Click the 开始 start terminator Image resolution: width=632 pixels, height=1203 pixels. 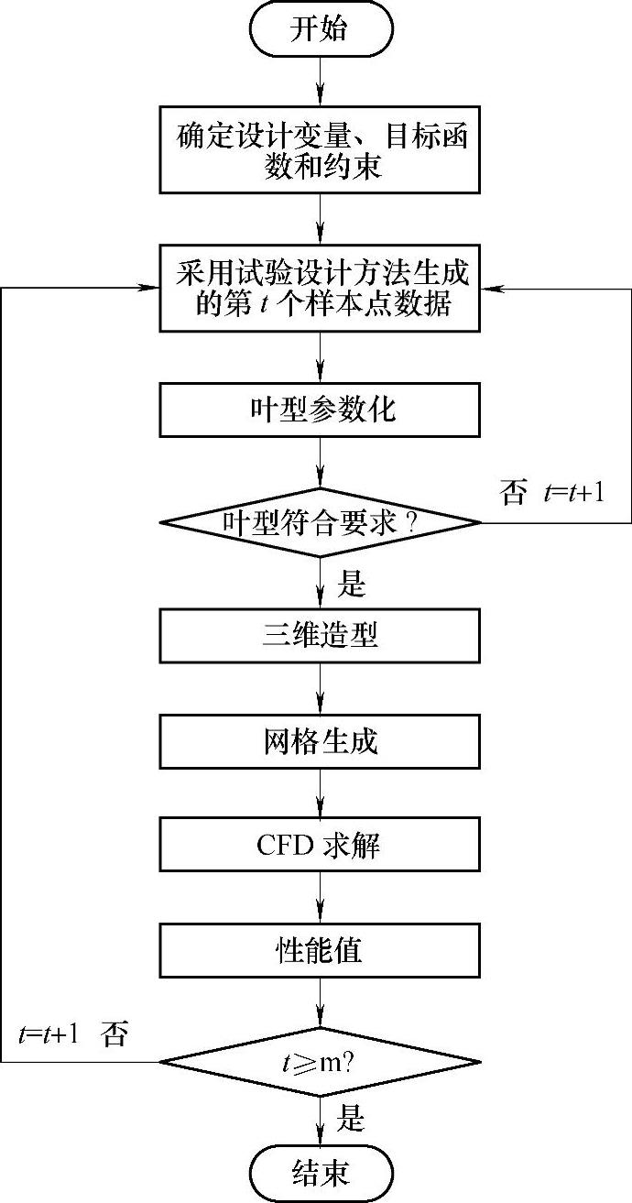(x=320, y=29)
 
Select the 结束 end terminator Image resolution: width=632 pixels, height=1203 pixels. (x=320, y=1172)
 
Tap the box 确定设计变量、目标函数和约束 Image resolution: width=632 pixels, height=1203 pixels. (x=320, y=152)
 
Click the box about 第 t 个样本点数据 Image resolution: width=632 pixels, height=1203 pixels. (x=320, y=288)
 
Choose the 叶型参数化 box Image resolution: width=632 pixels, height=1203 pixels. (x=320, y=409)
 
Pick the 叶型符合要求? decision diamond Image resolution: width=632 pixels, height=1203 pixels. (x=320, y=522)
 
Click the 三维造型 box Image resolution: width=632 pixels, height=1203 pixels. (x=320, y=636)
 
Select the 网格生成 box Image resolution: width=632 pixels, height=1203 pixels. (x=320, y=740)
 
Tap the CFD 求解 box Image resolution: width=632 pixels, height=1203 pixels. (x=320, y=845)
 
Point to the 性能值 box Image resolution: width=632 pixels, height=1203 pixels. (x=320, y=949)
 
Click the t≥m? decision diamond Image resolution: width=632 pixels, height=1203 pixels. (x=320, y=1063)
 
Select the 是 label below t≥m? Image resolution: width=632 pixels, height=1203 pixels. (x=352, y=1118)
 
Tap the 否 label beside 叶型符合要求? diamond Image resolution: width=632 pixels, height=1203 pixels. (x=513, y=495)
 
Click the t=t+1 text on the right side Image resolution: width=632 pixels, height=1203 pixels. (x=573, y=495)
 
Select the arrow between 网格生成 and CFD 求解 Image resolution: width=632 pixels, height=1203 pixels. (x=320, y=793)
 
